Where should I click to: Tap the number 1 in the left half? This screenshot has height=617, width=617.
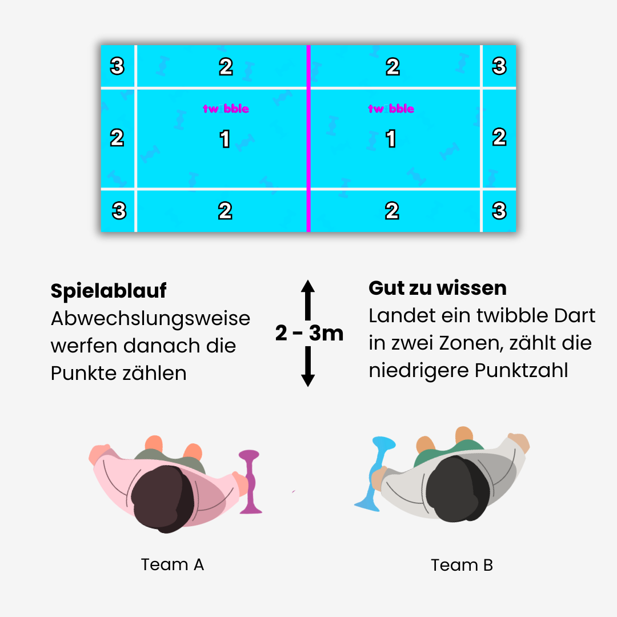click(225, 139)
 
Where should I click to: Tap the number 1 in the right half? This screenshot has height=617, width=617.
click(391, 139)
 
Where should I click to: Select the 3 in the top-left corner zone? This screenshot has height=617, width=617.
click(117, 67)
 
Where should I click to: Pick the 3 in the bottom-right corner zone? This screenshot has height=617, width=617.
click(499, 211)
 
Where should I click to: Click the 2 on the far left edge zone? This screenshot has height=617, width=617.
click(117, 138)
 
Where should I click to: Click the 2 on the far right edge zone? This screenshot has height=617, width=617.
click(499, 137)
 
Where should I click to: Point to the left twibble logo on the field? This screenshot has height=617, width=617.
click(226, 109)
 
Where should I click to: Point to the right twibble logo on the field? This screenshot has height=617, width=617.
click(391, 109)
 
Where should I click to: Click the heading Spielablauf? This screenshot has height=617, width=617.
click(109, 291)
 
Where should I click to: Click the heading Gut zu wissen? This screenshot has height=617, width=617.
click(438, 288)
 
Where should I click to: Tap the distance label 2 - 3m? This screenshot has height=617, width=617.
click(309, 333)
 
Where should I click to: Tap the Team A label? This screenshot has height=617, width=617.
click(172, 564)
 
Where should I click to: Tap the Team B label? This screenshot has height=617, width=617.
click(462, 565)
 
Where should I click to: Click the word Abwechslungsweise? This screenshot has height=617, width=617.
click(151, 319)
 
